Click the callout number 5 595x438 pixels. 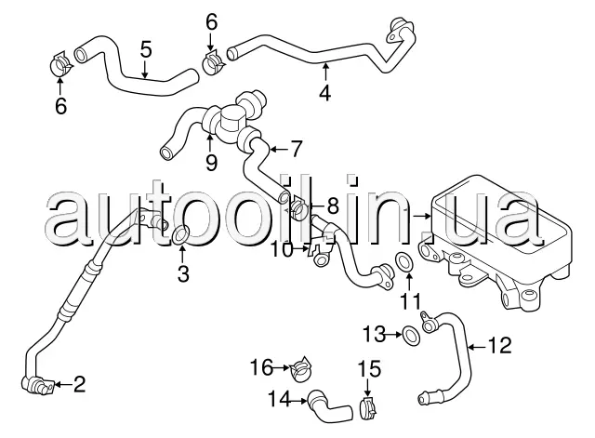(x=146, y=50)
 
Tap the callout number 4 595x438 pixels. (x=324, y=93)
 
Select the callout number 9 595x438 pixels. (x=211, y=163)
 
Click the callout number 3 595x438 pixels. (x=183, y=272)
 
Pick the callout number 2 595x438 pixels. (x=78, y=384)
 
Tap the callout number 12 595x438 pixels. (x=500, y=345)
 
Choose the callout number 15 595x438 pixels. (x=369, y=369)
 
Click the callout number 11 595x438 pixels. (x=411, y=301)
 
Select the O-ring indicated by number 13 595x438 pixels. (x=411, y=336)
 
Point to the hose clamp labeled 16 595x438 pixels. (x=301, y=367)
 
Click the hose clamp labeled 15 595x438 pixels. (x=367, y=409)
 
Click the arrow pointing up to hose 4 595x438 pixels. (x=325, y=73)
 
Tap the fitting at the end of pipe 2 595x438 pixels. (x=37, y=384)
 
